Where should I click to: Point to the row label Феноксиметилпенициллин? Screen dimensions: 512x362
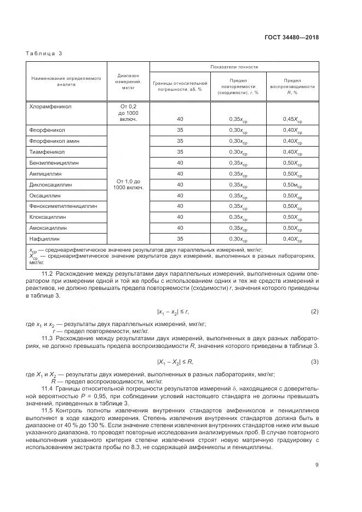click(62, 206)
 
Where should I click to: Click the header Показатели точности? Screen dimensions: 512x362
click(234, 67)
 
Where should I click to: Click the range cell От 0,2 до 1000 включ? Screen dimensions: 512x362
click(128, 113)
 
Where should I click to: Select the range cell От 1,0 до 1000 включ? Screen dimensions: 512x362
click(128, 184)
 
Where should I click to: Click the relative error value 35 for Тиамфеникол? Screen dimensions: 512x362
click(180, 152)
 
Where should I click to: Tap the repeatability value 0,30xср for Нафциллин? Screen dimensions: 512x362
click(237, 239)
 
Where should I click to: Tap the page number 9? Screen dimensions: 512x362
click(317, 466)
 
